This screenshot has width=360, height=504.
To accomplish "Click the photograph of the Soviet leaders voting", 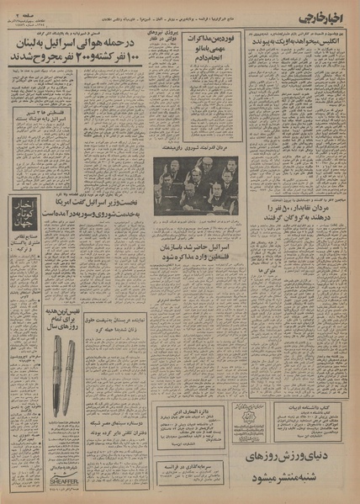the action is (197, 182).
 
